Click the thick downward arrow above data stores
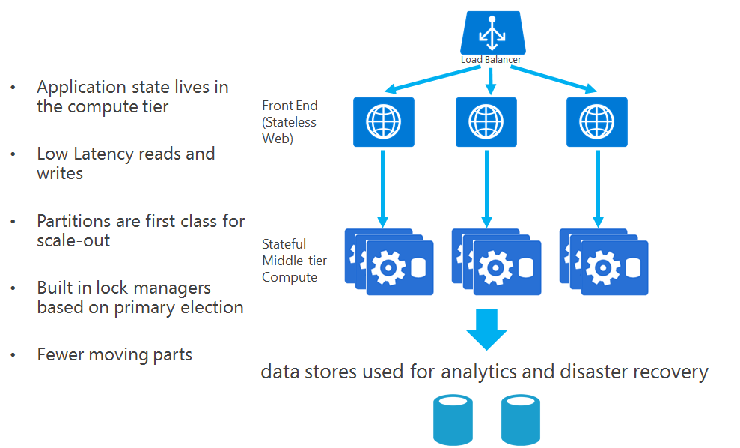point(486,328)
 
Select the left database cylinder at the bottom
point(453,420)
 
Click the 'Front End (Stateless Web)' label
point(290,122)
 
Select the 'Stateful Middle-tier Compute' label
point(290,260)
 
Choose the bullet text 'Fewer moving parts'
point(114,354)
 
